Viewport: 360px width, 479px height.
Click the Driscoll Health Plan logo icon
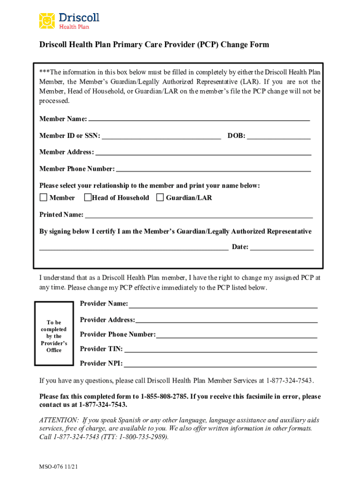pos(47,21)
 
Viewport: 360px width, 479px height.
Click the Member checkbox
pos(43,197)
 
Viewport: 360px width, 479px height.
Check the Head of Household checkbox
pos(87,197)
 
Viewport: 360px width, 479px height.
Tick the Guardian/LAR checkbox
pos(160,197)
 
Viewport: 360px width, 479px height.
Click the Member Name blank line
pos(199,120)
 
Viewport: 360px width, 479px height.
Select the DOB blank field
pos(279,137)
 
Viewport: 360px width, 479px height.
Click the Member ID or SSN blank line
pos(161,137)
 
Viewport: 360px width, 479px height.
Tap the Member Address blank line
pos(203,153)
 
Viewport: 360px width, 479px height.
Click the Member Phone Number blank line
pos(213,169)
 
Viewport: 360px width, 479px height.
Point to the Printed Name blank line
pos(199,216)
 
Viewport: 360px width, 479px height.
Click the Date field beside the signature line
pos(282,248)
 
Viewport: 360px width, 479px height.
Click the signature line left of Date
pos(134,248)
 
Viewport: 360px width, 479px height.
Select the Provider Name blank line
pos(223,305)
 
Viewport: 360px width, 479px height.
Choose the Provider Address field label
pos(107,320)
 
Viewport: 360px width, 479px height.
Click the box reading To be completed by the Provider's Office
pos(54,336)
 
